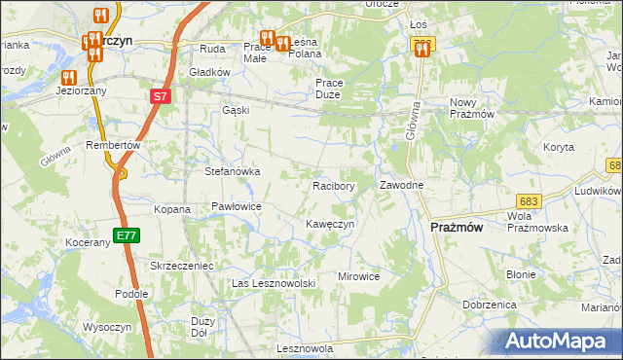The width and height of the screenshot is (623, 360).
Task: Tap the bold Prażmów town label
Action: click(x=458, y=227)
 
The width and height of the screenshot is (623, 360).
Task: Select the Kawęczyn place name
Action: click(x=329, y=224)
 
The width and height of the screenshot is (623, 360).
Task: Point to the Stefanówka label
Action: click(x=232, y=172)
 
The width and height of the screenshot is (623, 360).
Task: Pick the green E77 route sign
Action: click(x=126, y=235)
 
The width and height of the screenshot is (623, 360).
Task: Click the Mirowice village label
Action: click(x=358, y=276)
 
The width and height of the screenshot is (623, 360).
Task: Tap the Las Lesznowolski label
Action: click(x=275, y=283)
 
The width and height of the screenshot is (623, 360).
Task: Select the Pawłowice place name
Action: click(x=237, y=207)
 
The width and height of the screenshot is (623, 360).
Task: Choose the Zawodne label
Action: click(x=401, y=185)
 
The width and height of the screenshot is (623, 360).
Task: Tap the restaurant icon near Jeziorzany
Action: click(x=68, y=77)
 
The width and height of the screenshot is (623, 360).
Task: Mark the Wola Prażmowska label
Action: click(x=537, y=221)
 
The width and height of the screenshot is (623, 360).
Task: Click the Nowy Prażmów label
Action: click(x=473, y=108)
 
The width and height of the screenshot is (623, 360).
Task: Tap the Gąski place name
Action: click(x=236, y=110)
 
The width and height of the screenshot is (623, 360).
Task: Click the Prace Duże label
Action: click(x=335, y=90)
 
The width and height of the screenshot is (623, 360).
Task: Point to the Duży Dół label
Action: click(x=203, y=326)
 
